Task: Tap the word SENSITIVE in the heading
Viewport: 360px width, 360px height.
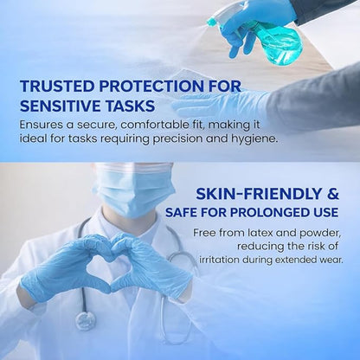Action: click(66, 106)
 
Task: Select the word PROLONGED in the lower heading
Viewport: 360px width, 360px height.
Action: click(260, 211)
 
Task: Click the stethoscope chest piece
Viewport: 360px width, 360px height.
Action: click(84, 321)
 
